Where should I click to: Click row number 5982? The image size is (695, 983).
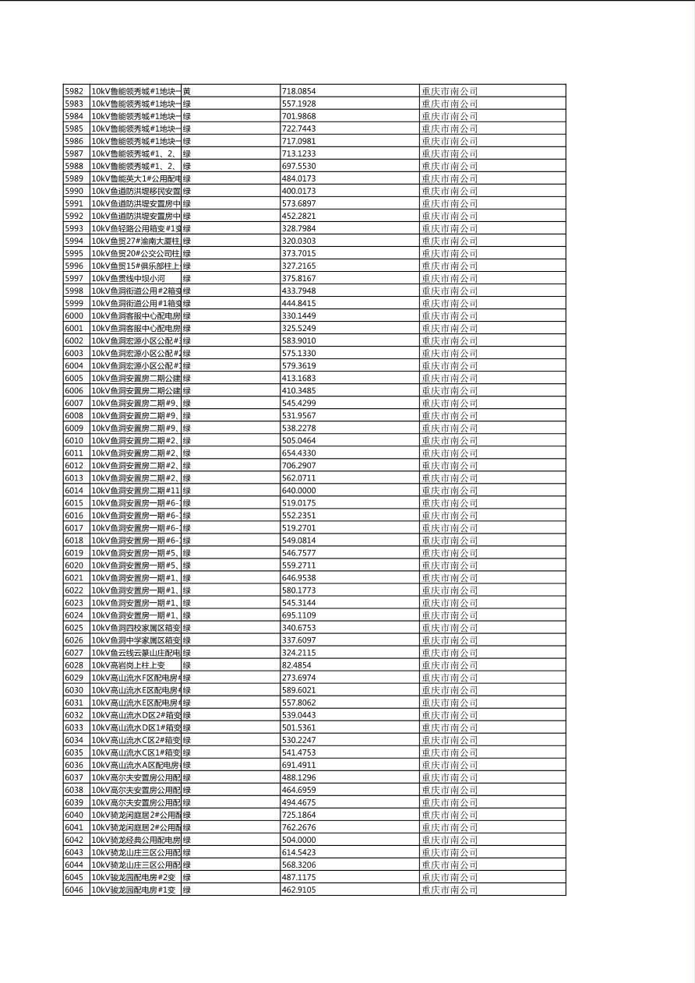point(74,91)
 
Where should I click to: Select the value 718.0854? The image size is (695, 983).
point(299,91)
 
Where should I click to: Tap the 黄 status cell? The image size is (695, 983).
point(187,91)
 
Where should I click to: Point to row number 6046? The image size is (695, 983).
point(74,890)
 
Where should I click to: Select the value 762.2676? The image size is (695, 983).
point(299,827)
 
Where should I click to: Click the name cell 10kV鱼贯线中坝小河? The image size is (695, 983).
point(129,278)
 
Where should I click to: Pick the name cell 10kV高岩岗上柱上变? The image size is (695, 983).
point(129,665)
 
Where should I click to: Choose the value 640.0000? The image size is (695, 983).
point(299,491)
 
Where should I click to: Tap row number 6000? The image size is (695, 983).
point(74,315)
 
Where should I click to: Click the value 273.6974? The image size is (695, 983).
point(299,678)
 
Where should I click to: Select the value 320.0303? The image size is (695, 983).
point(299,241)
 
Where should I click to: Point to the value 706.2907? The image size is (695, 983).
point(299,466)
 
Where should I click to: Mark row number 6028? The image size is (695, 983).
point(74,665)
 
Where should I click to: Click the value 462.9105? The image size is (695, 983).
point(299,890)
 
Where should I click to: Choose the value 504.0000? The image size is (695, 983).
point(299,840)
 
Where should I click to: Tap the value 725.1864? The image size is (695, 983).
point(299,815)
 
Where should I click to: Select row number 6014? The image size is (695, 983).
point(74,491)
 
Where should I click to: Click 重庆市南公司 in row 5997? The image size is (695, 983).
point(450,278)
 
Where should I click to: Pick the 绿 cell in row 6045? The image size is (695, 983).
point(187,877)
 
